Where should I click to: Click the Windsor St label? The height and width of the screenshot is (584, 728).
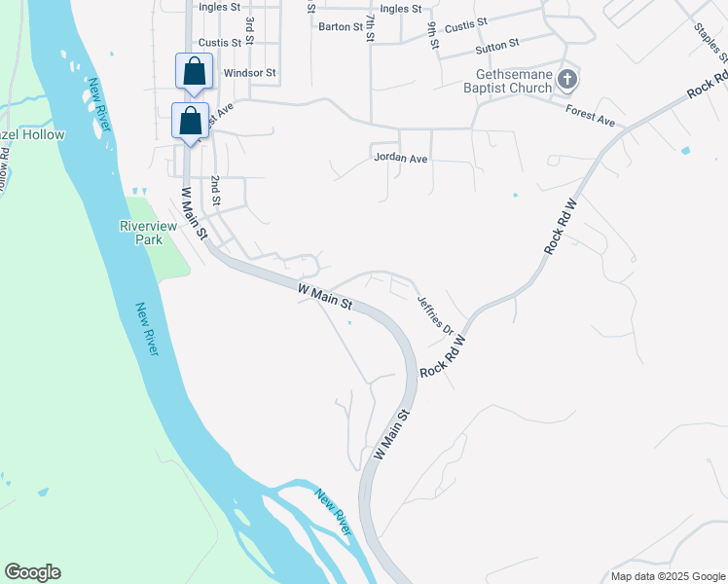[x=250, y=73]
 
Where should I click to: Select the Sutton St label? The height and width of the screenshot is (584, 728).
[x=497, y=45]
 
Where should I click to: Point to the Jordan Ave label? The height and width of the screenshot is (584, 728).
[x=400, y=159]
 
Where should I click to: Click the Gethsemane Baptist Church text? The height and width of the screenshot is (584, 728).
[x=513, y=81]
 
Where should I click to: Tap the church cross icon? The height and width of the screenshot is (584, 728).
[x=568, y=79]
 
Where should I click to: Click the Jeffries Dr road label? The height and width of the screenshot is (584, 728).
[x=435, y=315]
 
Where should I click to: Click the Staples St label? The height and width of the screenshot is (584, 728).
[x=707, y=39]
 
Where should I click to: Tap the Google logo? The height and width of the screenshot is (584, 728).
[x=32, y=572]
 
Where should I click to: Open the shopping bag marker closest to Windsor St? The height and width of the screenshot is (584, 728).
[x=194, y=71]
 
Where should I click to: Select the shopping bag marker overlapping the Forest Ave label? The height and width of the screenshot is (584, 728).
[x=191, y=121]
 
